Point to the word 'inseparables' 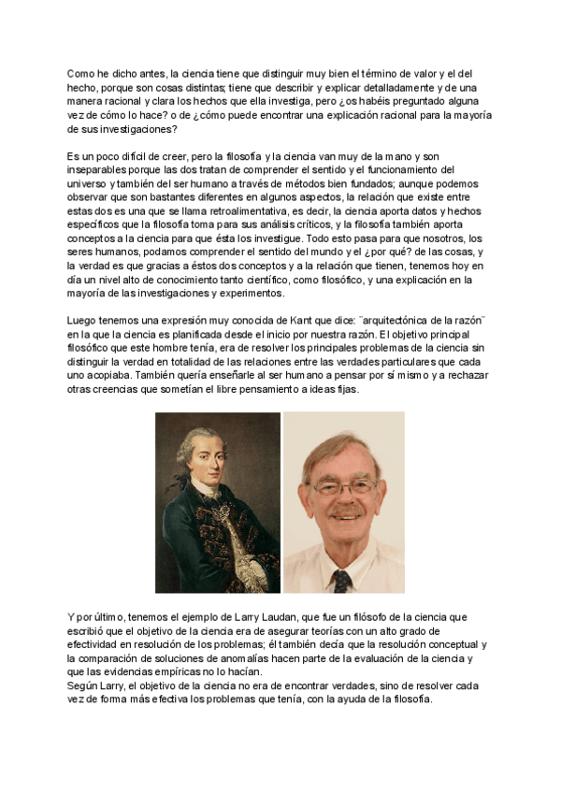coord(97,170)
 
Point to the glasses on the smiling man coord(343,488)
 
